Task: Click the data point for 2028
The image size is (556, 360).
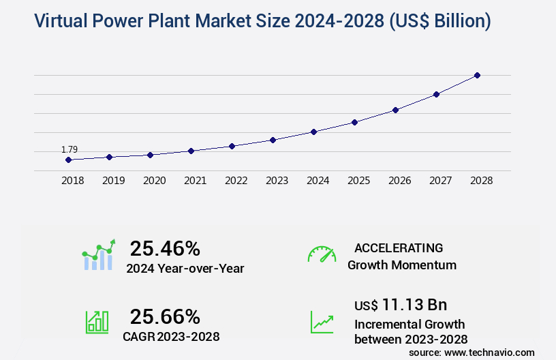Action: (x=477, y=75)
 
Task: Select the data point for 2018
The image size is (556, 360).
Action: (x=68, y=160)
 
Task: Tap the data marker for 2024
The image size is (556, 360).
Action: (x=313, y=132)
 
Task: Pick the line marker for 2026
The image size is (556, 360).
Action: (x=395, y=110)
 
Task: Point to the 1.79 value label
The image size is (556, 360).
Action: (x=69, y=149)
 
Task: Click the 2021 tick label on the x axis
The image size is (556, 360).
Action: (x=195, y=181)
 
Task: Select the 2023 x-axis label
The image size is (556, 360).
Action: (x=277, y=181)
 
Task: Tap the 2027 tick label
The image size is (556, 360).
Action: (x=440, y=181)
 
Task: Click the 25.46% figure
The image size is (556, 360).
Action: (x=165, y=248)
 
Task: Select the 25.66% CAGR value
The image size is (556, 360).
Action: (x=165, y=316)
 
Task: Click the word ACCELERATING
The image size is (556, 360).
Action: (x=399, y=247)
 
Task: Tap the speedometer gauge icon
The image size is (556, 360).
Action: (x=322, y=254)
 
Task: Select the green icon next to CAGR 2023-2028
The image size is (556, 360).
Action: (x=97, y=322)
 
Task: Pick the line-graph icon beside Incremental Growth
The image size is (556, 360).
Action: (x=322, y=322)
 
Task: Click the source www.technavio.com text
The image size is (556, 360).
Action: (x=472, y=352)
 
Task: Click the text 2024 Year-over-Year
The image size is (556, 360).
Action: (x=185, y=269)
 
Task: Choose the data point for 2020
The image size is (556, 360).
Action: (x=150, y=155)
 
